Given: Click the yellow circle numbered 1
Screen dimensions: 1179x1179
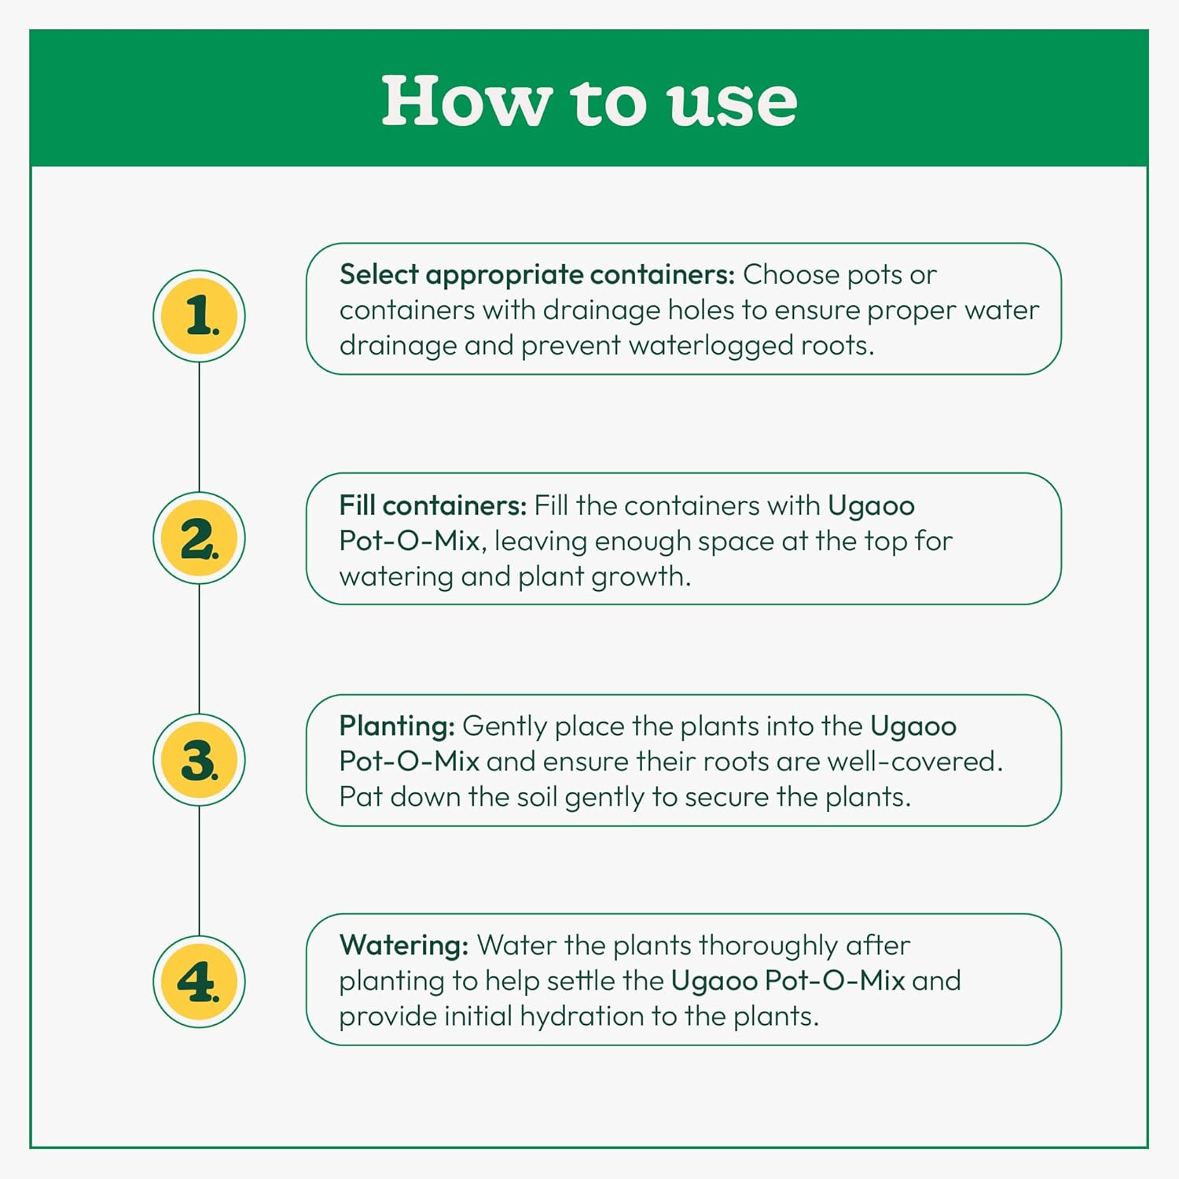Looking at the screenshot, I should pos(199,316).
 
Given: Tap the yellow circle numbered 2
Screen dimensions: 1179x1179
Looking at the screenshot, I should pos(199,538).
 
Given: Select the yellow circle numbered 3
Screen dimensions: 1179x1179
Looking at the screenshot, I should pos(199,760).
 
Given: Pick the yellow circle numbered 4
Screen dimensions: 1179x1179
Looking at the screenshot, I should pos(199,982).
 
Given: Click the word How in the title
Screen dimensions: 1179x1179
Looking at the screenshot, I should pos(465,101).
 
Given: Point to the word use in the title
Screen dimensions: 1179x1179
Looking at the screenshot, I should pos(732,103).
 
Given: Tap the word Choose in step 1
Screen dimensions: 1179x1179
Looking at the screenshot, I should pos(792,274).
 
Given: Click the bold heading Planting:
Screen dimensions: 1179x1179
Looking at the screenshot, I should pos(397,726).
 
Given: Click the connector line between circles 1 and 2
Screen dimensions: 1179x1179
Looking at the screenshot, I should pos(199,427).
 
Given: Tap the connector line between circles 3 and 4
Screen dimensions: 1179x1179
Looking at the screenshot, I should pos(199,871).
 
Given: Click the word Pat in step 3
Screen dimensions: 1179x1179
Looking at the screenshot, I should pos(360,797).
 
